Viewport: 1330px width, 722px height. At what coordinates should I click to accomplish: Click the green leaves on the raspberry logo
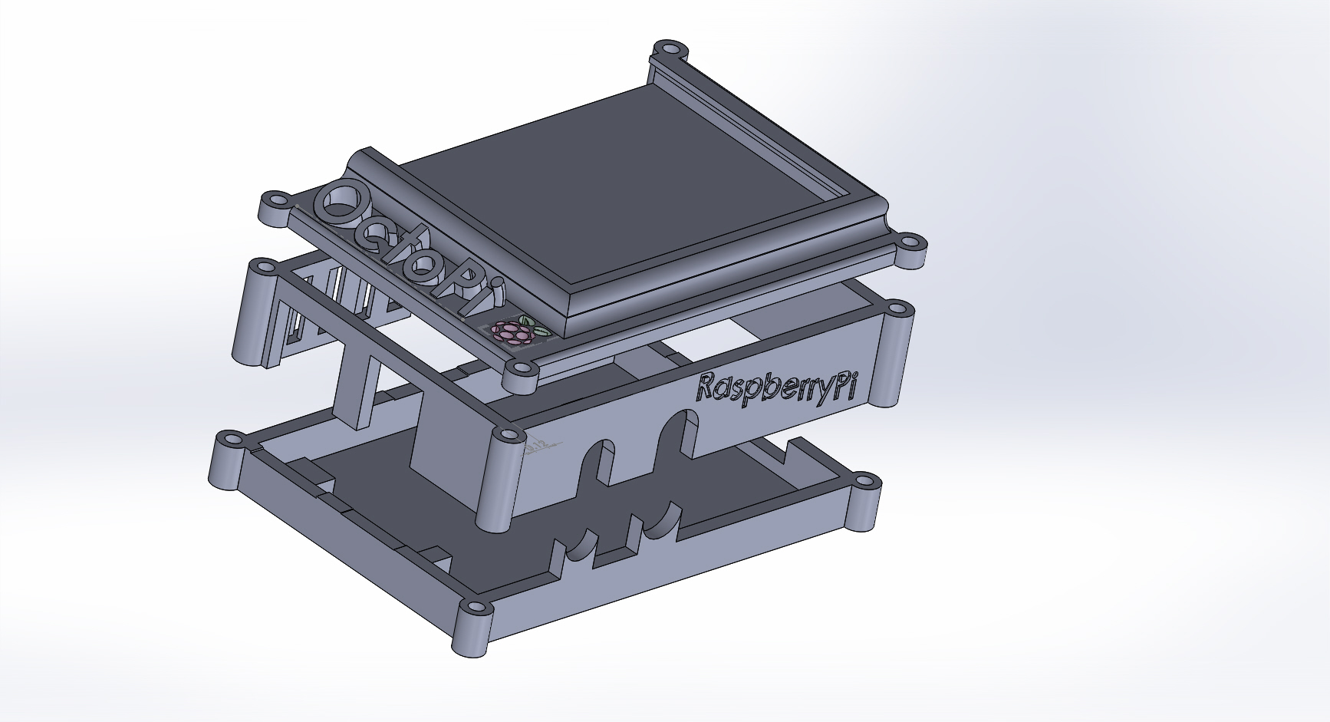(534, 325)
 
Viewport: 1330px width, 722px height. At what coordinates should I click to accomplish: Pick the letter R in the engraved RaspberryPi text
(707, 387)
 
